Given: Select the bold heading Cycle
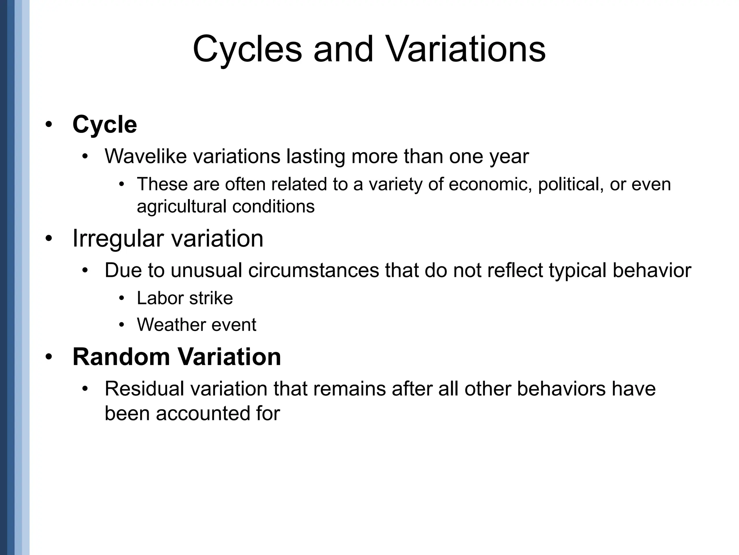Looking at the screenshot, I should (105, 125).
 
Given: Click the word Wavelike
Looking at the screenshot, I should (146, 156).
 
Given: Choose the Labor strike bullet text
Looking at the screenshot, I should (185, 298).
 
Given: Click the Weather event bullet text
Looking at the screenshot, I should (196, 324).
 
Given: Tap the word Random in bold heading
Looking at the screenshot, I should (121, 357).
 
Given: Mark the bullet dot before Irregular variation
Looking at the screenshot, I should (49, 239).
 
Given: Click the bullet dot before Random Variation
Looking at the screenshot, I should (49, 357).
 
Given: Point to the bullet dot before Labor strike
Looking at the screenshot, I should (122, 298).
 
